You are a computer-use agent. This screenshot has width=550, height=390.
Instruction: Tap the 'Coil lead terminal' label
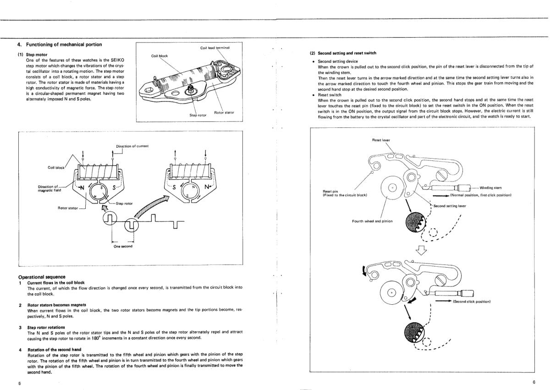coord(214,48)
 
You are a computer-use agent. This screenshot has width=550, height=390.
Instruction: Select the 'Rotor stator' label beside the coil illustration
coord(224,112)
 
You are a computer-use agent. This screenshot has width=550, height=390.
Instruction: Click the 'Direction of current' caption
coord(132,146)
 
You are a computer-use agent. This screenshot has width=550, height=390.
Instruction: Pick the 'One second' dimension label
coord(123,246)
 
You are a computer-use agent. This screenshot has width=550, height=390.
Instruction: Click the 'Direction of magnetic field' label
coord(50,188)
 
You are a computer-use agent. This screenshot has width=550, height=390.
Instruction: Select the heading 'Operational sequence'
coord(42,277)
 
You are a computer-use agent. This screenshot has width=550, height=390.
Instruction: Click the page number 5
coord(20,383)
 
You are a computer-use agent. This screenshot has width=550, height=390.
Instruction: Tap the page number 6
coord(534,382)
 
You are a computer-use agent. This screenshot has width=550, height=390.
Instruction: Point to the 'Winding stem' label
coord(490,187)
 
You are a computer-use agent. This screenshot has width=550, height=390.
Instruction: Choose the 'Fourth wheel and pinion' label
coord(372,221)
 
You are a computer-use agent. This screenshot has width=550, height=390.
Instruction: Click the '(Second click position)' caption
coord(472,302)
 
